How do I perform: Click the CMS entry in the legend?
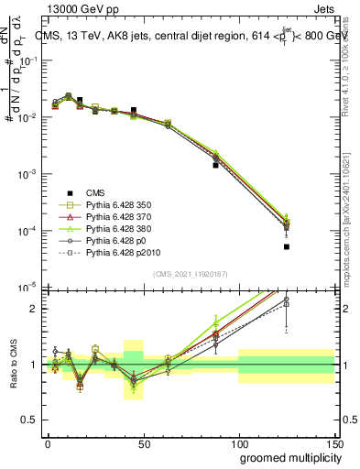[x=95, y=191]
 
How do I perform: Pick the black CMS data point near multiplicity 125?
[x=286, y=246]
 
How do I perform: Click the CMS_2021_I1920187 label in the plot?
[x=190, y=274]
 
